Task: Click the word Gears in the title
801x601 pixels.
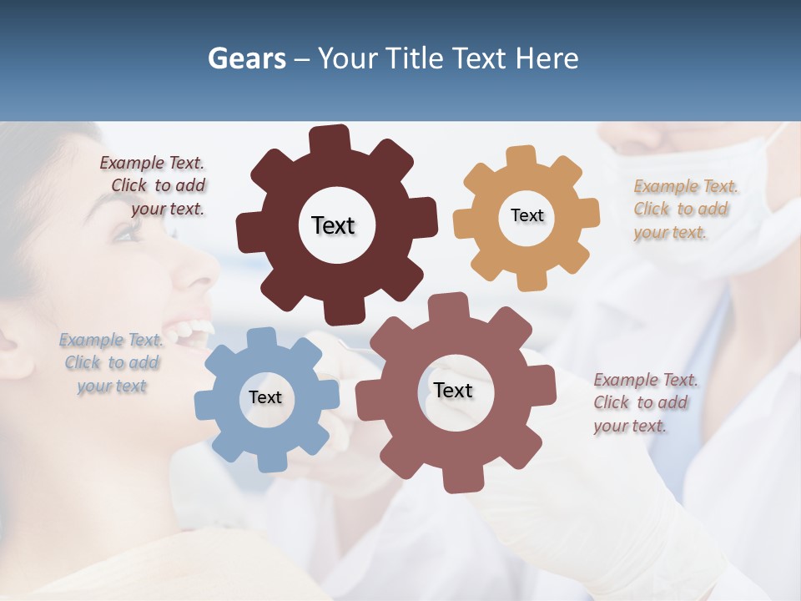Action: pyautogui.click(x=246, y=58)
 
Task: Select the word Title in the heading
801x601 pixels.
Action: pyautogui.click(x=415, y=58)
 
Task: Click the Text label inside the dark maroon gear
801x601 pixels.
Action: pyautogui.click(x=333, y=225)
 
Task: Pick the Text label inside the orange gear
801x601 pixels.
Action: pyautogui.click(x=526, y=215)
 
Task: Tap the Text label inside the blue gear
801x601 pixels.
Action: pyautogui.click(x=265, y=397)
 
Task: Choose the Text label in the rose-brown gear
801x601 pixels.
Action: pyautogui.click(x=453, y=390)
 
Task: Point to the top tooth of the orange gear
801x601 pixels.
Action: pyautogui.click(x=521, y=156)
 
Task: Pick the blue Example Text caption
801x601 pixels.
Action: pyautogui.click(x=111, y=363)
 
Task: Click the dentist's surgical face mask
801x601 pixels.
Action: pyautogui.click(x=734, y=200)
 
